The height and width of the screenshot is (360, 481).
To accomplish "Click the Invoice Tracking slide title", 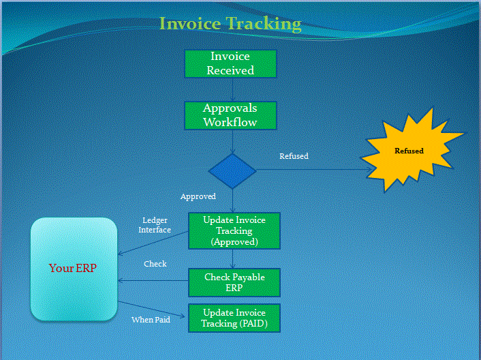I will [x=230, y=24].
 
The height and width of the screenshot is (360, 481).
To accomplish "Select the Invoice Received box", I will [x=230, y=63].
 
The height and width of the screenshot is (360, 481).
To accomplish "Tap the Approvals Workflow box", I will [x=230, y=115].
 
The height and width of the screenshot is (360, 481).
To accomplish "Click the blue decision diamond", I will [x=232, y=170].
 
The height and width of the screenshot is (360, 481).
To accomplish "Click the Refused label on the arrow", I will [x=294, y=156].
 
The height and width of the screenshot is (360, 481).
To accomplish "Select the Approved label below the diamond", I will [x=198, y=196].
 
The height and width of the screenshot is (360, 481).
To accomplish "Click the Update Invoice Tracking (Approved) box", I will [x=234, y=230].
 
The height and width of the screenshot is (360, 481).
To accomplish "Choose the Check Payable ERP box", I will [x=234, y=283].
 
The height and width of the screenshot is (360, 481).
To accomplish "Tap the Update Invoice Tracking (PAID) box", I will [x=234, y=318].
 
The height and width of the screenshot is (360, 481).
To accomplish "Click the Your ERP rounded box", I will [x=74, y=269].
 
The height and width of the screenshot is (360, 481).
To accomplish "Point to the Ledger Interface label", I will [x=155, y=226].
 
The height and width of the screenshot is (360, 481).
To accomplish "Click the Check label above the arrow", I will [x=155, y=264].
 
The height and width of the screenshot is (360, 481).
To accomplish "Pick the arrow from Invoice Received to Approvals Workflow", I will [x=232, y=90].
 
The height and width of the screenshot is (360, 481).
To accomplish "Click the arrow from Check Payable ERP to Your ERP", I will [x=153, y=280].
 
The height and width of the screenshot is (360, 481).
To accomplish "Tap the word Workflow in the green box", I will [x=230, y=122].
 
